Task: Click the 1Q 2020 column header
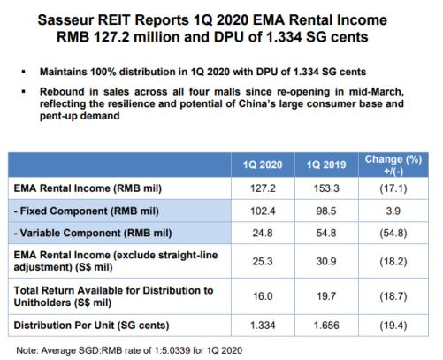(263, 165)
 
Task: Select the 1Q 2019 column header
(326, 165)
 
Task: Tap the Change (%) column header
(393, 165)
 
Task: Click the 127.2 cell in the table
(263, 188)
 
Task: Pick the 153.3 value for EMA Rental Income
(326, 188)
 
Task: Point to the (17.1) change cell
(393, 188)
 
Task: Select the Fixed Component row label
(87, 211)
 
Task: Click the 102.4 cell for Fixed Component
(263, 211)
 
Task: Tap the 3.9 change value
(393, 211)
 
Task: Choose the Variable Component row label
(93, 233)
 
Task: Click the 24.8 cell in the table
(263, 233)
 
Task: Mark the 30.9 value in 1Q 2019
(326, 261)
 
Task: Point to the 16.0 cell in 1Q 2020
(263, 296)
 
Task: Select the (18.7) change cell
(393, 296)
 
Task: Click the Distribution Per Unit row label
(91, 326)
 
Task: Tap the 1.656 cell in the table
(326, 326)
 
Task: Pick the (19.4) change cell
(393, 326)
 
